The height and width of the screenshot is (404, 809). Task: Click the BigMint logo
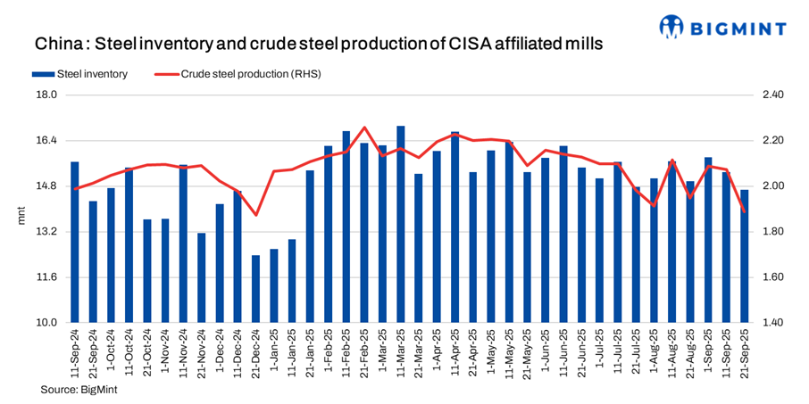722,27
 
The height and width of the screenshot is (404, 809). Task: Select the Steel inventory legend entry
85,74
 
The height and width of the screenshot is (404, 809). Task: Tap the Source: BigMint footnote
79,390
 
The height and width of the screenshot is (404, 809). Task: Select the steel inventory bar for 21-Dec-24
255,289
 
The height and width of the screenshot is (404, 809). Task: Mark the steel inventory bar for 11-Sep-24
75,243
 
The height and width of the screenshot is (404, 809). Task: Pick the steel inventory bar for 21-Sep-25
745,256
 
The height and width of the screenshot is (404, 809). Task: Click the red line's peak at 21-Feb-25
364,128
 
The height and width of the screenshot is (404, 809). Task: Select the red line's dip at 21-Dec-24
255,214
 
